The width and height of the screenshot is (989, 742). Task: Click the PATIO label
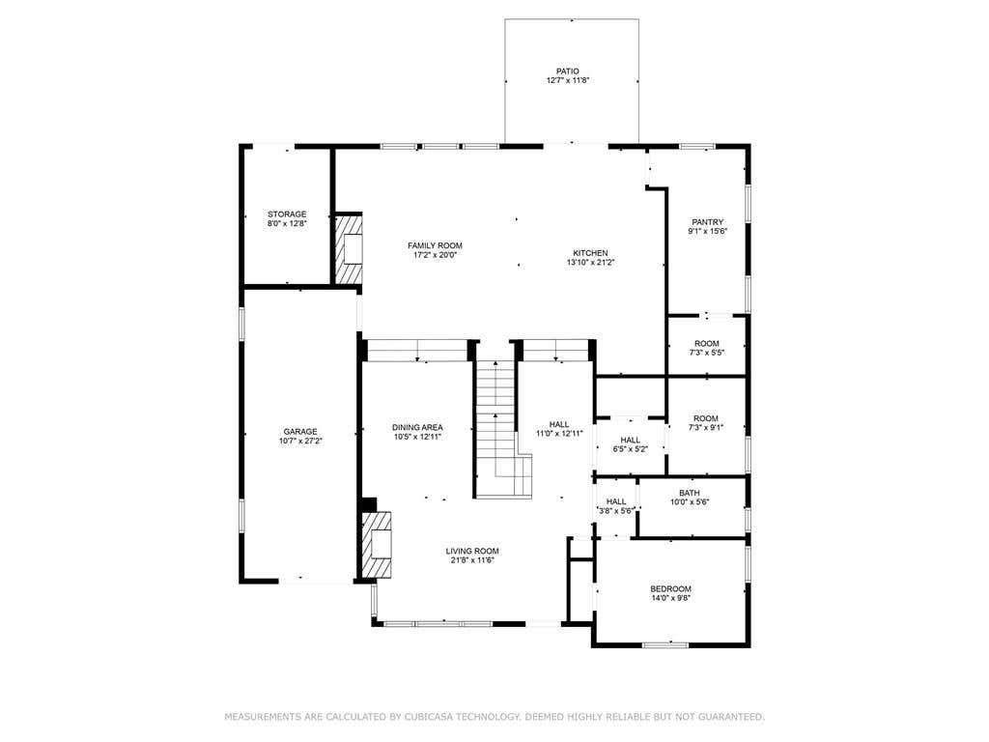[567, 71]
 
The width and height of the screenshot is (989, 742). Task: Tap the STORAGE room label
[287, 214]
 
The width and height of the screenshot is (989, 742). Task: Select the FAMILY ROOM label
[435, 245]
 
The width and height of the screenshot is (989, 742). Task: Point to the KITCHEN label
[590, 253]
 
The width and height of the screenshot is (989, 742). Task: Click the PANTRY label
[708, 222]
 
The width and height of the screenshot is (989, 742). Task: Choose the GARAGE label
[300, 432]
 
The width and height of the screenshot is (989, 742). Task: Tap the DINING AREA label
[417, 427]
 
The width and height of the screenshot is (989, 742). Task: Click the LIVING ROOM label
[472, 551]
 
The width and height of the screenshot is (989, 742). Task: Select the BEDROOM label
[670, 588]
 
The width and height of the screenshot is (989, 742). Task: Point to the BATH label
[690, 493]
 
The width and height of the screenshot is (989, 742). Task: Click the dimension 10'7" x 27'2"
[300, 441]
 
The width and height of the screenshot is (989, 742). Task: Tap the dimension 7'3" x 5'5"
[706, 353]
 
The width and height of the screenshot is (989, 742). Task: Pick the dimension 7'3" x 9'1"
[706, 427]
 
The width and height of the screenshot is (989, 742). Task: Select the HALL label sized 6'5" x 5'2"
[630, 440]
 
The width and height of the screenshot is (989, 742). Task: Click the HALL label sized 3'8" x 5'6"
[616, 501]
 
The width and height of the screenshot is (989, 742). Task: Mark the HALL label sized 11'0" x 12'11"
[559, 424]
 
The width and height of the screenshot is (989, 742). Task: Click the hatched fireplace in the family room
[348, 249]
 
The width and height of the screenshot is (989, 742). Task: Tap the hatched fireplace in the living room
[378, 545]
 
